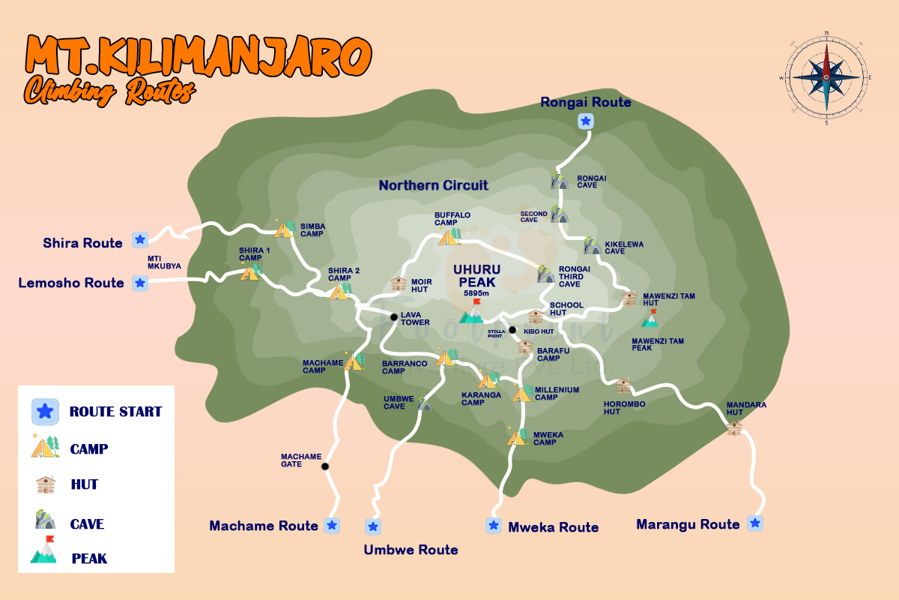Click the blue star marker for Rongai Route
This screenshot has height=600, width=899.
[x=586, y=121]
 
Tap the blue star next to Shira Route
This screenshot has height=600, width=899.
[x=139, y=239]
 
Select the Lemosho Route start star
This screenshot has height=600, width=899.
[x=139, y=283]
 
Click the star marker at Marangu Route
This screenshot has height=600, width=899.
[x=755, y=523]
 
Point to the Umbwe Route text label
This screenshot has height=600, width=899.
[x=411, y=550]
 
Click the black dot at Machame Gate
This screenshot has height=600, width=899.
[x=325, y=466]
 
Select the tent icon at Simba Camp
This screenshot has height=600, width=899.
[x=285, y=229]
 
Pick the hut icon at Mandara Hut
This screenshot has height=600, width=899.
[x=734, y=427]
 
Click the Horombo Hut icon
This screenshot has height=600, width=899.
[x=624, y=387]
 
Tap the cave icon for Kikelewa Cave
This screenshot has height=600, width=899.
[x=593, y=246]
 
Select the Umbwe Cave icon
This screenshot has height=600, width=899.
[x=424, y=404]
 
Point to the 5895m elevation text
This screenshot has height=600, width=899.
[x=476, y=293]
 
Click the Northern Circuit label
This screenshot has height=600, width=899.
[x=433, y=185]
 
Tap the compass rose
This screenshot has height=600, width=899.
[x=826, y=76]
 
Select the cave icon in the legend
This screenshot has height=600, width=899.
[x=45, y=520]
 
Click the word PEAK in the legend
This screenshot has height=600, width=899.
[x=89, y=559]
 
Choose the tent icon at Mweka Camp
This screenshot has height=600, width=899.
[x=517, y=436]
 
